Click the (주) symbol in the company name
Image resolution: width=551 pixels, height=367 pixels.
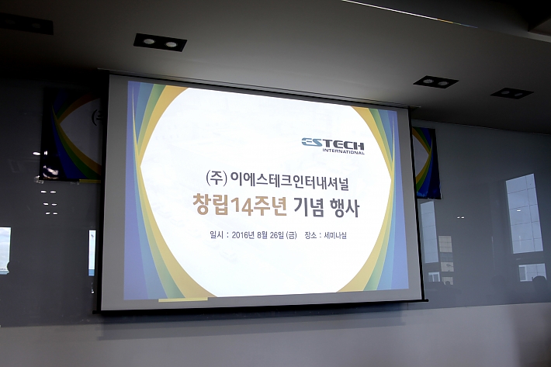216,178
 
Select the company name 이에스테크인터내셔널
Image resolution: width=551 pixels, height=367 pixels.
289,180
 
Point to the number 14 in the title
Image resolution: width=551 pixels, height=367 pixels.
241,206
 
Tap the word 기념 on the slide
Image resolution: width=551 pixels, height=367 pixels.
309,207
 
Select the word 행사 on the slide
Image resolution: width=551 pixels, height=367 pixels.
345,208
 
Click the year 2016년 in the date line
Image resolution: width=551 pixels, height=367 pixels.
243,235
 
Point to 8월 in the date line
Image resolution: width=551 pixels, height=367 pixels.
262,235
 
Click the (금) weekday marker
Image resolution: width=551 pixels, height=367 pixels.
292,236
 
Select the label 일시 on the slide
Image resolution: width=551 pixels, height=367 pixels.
216,234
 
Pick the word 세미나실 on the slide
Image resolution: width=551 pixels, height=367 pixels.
335,236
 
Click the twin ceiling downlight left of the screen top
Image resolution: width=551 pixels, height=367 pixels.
160,43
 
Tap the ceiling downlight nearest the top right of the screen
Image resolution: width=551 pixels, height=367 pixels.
435,82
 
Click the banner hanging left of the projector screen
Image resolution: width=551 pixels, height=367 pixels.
71,135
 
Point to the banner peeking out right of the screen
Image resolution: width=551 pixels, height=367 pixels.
426,162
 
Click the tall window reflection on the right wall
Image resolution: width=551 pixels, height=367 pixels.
524,213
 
